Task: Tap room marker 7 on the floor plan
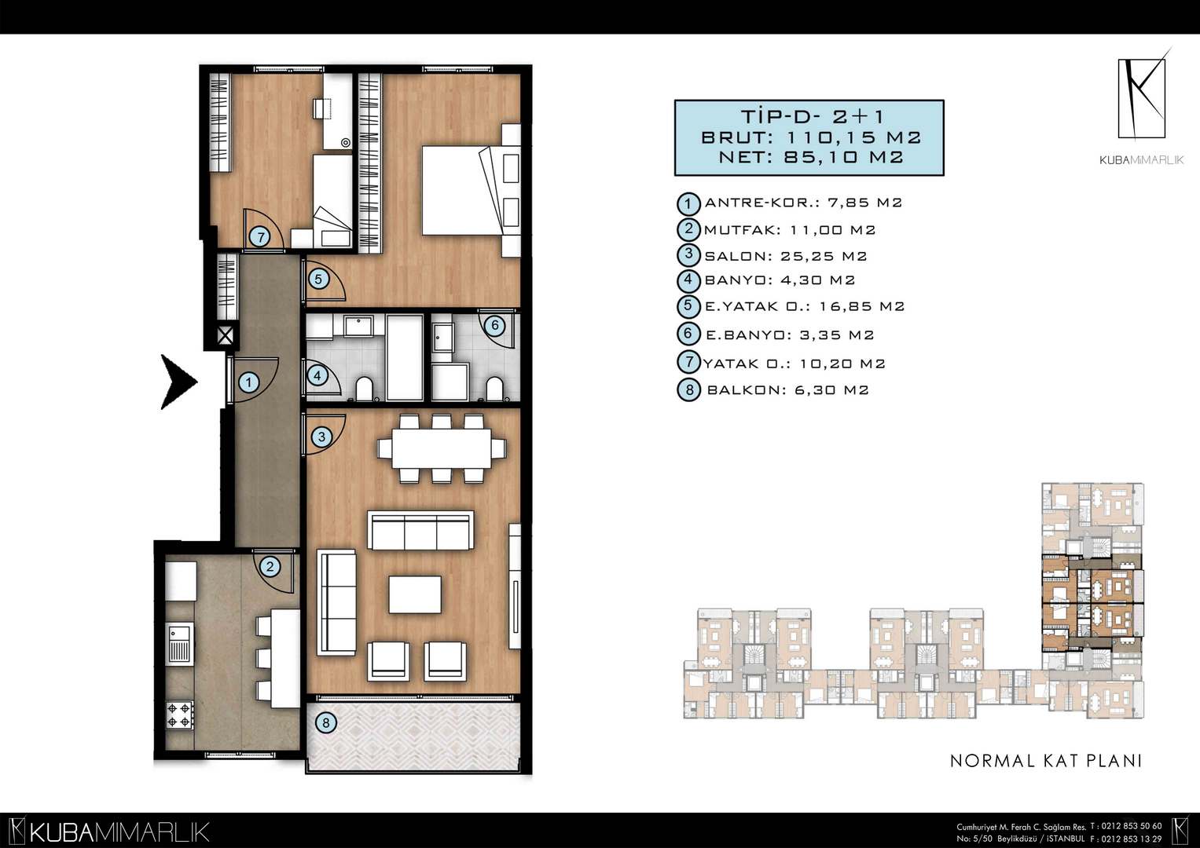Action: click(x=260, y=237)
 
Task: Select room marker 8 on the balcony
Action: click(x=325, y=723)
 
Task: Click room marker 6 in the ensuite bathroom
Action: click(x=494, y=325)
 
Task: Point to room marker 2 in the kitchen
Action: click(x=270, y=566)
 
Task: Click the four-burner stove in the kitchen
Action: click(x=179, y=715)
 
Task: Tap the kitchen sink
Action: click(x=179, y=644)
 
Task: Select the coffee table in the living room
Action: click(x=415, y=594)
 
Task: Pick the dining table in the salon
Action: click(x=442, y=448)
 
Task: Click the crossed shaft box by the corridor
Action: click(x=226, y=336)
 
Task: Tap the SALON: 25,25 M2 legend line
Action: click(x=785, y=257)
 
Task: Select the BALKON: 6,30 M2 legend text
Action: click(x=787, y=389)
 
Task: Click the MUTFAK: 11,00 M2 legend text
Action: click(x=790, y=230)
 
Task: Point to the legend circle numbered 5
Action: click(x=689, y=306)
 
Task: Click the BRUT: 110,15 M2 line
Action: click(x=810, y=137)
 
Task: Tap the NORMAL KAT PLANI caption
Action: click(x=1046, y=761)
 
